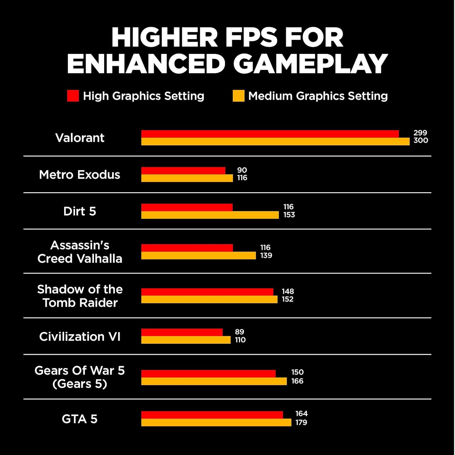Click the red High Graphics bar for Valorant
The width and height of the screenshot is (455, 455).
tap(270, 134)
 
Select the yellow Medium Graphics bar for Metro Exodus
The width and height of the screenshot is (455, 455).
tap(187, 178)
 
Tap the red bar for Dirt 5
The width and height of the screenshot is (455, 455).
tap(187, 207)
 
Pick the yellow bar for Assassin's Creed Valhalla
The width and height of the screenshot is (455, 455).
tap(198, 256)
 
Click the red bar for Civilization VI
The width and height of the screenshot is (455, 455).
tap(182, 332)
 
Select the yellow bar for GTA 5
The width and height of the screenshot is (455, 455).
tap(216, 423)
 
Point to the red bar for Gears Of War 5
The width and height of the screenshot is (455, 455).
tap(208, 373)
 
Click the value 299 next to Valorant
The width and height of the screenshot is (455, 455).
tap(420, 133)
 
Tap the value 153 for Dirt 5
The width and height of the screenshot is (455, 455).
tap(289, 215)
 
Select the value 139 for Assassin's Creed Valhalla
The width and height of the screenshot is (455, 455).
tap(266, 255)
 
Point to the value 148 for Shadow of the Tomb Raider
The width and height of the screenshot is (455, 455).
tap(288, 291)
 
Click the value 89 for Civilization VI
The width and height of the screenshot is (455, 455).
tap(239, 332)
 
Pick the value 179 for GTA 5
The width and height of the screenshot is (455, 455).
tap(301, 422)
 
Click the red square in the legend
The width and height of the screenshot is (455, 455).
tap(73, 96)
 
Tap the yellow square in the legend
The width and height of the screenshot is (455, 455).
tap(238, 96)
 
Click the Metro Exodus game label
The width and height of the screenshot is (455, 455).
tap(79, 175)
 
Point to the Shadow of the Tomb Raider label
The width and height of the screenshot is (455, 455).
tap(80, 296)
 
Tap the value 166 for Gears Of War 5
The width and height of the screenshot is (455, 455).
tap(297, 381)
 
